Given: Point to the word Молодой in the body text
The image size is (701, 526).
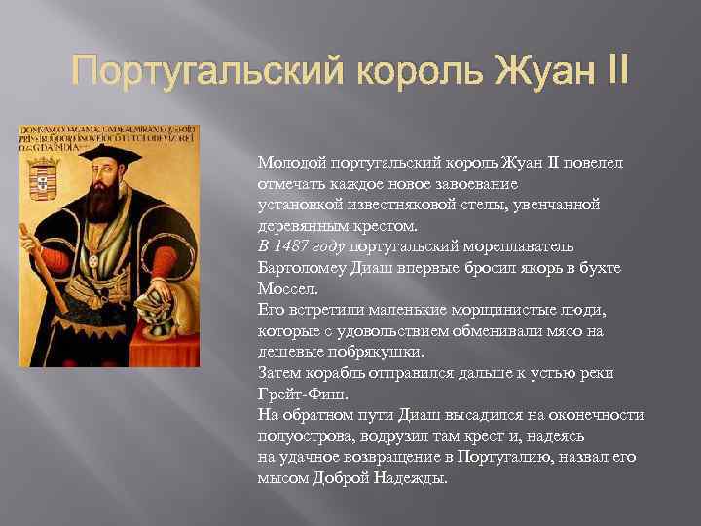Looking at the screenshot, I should click(289, 162).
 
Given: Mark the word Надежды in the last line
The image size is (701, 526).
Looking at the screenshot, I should click(408, 479).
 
